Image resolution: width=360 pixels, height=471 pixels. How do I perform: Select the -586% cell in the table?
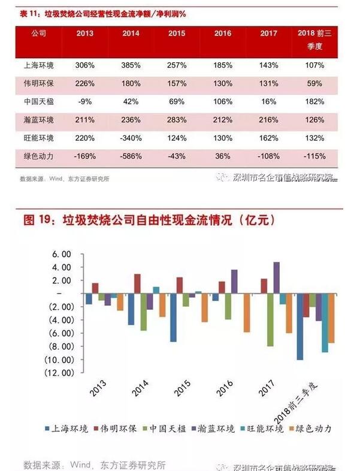131,156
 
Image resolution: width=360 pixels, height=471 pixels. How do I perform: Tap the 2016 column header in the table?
222,33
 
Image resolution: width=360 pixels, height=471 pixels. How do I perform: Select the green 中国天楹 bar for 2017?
270,320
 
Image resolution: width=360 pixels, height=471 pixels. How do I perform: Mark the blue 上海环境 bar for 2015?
173,318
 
